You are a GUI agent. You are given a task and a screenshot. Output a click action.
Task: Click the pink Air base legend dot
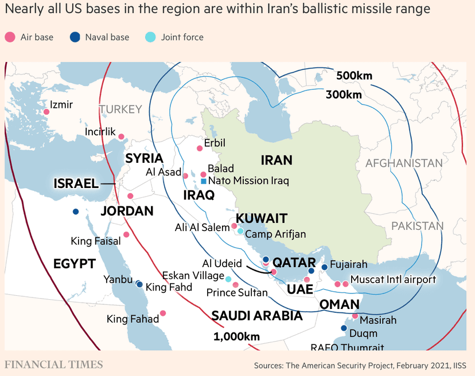coord(10,37)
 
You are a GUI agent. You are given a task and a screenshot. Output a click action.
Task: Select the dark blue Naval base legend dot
coord(75,37)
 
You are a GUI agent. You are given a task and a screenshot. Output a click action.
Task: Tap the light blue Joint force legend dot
coord(150,37)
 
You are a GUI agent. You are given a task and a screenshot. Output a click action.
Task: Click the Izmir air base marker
coord(46,111)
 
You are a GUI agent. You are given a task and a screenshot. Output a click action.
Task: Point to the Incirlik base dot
coord(121,136)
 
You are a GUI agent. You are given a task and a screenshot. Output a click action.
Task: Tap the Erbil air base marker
coord(200,148)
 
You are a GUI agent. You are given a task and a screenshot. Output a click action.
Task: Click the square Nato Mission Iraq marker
coord(204,181)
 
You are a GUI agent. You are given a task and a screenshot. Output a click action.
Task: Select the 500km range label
coord(355,76)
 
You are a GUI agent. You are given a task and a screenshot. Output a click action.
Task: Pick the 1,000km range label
coord(236,336)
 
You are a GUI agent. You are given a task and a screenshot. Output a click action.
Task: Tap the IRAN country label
coord(277,160)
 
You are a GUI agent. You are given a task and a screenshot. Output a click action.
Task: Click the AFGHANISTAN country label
coord(404,163)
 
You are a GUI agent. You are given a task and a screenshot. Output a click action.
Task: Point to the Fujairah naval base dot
coord(324,267)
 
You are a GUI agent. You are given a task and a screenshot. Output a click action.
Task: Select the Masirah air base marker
coord(355,316)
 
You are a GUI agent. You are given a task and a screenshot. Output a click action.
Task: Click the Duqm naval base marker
coord(344,328)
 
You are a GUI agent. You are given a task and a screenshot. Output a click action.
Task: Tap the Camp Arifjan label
coord(275,234)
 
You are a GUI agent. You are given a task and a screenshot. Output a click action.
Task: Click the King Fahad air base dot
coord(163,313)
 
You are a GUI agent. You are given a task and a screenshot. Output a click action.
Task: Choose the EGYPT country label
coord(74,264)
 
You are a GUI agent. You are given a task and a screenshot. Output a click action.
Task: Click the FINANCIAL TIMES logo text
coord(54,365)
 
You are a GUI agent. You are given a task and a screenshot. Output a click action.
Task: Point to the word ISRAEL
coord(76,183)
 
